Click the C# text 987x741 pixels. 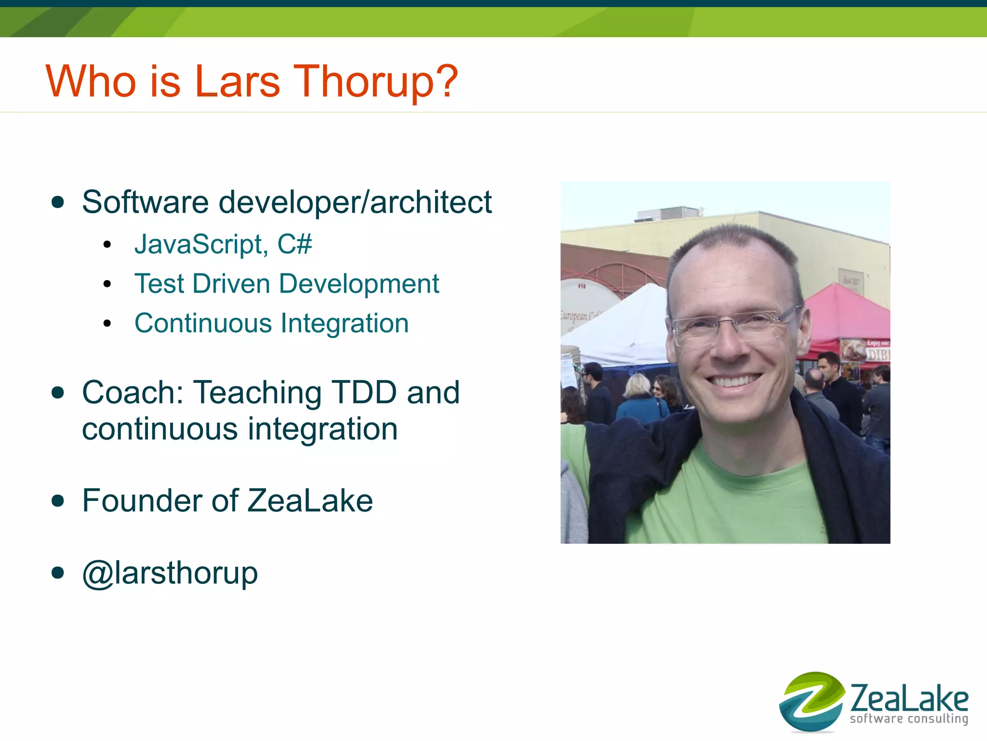click(x=294, y=244)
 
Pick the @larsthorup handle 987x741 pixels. click(x=170, y=573)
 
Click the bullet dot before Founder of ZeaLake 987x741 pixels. click(x=58, y=501)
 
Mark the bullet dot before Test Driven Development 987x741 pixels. click(x=107, y=284)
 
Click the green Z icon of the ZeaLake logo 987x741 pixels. click(x=812, y=701)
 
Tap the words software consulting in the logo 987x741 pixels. click(x=909, y=719)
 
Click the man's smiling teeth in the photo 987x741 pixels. click(x=734, y=381)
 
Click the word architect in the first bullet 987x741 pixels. click(x=431, y=202)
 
